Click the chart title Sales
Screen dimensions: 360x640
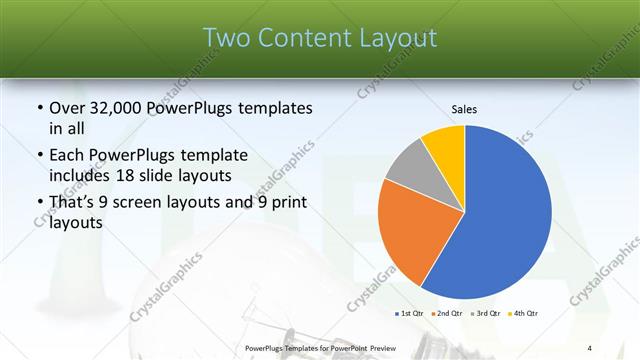tap(464, 108)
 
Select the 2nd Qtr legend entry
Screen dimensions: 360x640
tap(447, 314)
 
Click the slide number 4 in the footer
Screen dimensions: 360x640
tap(589, 347)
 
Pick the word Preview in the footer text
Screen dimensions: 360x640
tap(374, 347)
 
